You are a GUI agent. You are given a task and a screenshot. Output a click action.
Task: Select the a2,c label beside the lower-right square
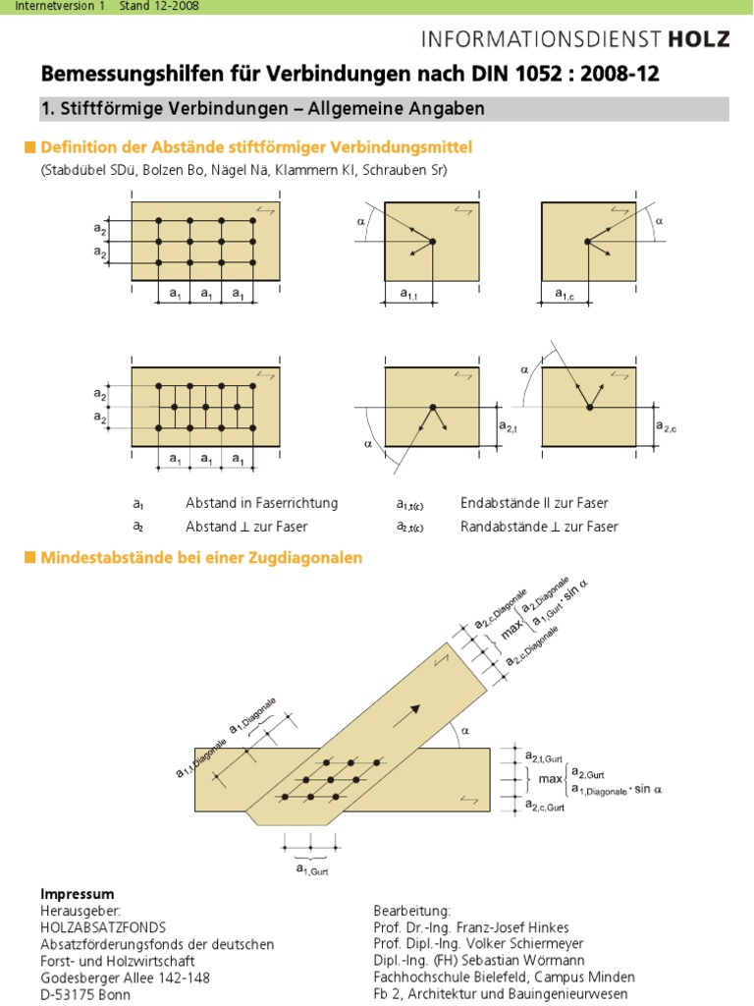[668, 425]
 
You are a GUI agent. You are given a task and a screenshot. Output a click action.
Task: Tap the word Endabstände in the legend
[498, 503]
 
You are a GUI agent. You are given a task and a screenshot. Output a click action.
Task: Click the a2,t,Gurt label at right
[545, 756]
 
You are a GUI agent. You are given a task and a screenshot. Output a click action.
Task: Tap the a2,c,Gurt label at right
[545, 807]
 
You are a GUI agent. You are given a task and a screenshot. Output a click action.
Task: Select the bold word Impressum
[78, 894]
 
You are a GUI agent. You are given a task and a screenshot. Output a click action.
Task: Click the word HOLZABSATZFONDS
[103, 927]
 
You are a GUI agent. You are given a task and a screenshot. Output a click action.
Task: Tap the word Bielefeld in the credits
[500, 978]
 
